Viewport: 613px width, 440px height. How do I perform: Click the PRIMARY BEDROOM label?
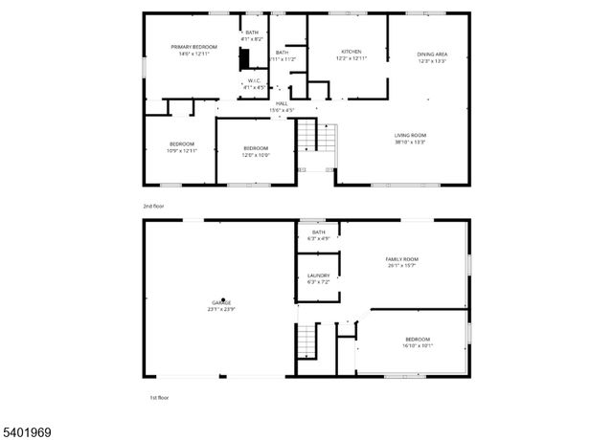coord(193,51)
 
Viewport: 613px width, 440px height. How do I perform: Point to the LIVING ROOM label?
coord(410,139)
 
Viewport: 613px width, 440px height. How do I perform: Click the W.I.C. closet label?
coord(254,83)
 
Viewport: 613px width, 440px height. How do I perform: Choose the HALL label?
coord(282,106)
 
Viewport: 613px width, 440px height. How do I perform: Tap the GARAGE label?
coord(220,306)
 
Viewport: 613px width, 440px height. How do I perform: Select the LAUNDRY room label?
coord(318,278)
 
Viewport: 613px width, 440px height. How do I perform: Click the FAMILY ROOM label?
coord(402,262)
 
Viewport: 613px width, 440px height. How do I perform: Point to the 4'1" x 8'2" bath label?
coord(252,35)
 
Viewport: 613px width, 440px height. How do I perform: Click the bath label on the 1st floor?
coord(318,235)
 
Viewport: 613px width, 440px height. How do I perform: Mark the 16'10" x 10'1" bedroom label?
coord(417,342)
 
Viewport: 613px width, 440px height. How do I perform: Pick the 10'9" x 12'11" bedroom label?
coord(182,147)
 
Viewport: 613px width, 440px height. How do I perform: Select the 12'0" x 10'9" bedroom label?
coord(256,151)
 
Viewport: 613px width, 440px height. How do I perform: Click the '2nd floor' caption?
coord(152,205)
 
